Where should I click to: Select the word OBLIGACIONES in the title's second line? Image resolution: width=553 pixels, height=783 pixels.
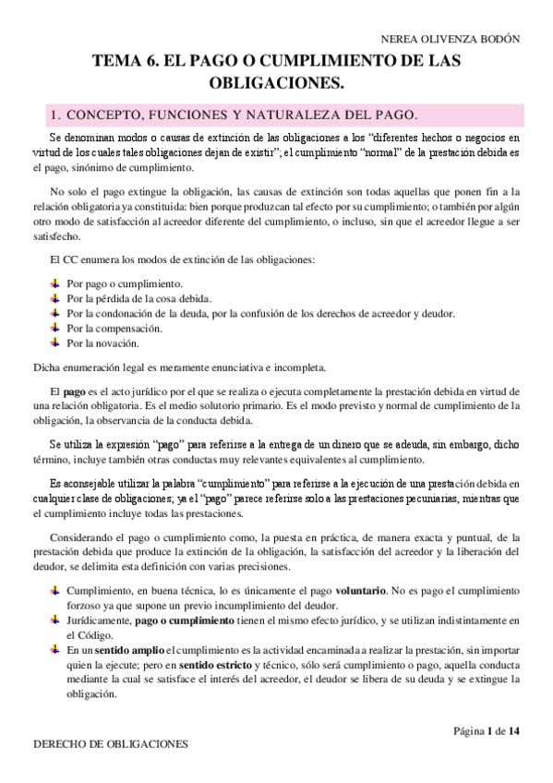276,83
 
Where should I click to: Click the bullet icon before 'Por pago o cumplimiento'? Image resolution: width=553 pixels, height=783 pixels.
54,283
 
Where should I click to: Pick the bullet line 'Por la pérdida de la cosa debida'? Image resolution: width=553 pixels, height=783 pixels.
139,298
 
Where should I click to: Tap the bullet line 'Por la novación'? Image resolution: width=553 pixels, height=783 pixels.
102,343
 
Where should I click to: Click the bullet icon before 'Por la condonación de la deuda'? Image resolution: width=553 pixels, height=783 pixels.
54,313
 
